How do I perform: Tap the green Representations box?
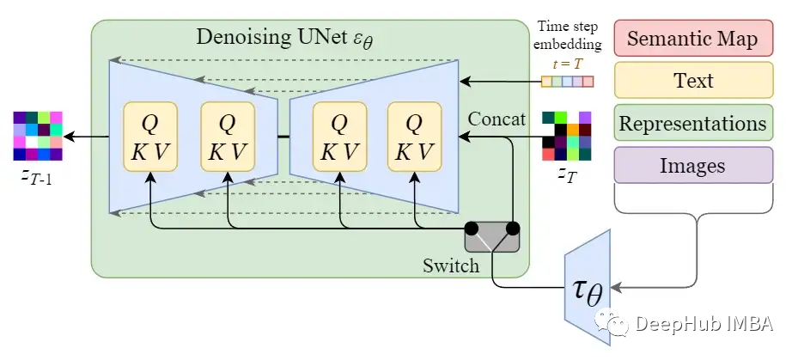[693, 123]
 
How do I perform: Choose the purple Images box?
[693, 166]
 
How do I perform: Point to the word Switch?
[450, 265]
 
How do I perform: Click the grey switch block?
[492, 235]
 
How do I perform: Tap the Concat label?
[496, 119]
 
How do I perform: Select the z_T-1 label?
[36, 178]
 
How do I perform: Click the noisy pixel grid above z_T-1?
[38, 136]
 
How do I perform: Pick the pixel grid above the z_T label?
[566, 136]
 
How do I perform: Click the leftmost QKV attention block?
[150, 137]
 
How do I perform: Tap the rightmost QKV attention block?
[414, 137]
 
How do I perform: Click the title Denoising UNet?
[272, 38]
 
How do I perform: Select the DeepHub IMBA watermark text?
[704, 324]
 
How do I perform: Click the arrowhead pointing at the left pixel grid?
[70, 136]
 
